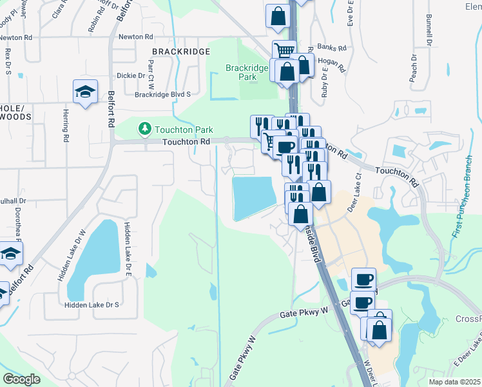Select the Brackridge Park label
(241, 72)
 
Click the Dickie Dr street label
(130, 75)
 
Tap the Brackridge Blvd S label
(163, 94)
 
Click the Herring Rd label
(66, 125)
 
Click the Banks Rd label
(332, 48)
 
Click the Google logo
(21, 379)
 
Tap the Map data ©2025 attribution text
(455, 382)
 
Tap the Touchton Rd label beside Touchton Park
(186, 141)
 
